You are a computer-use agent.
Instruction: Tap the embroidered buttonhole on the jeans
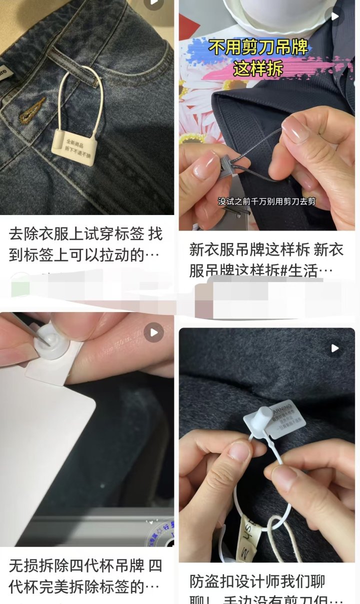coord(32,110)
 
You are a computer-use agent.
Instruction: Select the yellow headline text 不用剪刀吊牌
coord(258,48)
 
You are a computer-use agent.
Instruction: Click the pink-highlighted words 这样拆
coord(258,68)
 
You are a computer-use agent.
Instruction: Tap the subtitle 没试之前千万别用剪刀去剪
coord(267,202)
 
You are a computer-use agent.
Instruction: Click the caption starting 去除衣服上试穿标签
coord(85,244)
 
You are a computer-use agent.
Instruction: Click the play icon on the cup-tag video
coord(153,332)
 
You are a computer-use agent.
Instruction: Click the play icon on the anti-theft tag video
coord(334,348)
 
